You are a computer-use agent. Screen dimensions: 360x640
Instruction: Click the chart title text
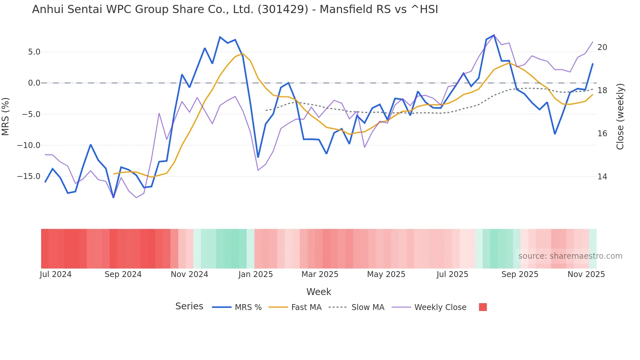tap(235, 9)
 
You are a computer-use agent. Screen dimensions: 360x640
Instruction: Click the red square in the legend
tap(483, 307)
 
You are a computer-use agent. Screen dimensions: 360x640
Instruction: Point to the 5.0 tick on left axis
tap(34, 52)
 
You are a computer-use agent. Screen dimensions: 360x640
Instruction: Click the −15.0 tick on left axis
tap(29, 176)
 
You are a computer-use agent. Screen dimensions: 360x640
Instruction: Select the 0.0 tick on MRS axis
tap(34, 83)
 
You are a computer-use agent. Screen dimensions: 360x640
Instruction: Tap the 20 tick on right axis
tap(602, 47)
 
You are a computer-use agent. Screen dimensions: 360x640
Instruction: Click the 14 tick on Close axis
tap(602, 177)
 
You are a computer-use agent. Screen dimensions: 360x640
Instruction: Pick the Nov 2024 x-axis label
tap(189, 274)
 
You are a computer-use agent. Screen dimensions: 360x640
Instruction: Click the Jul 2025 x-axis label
tap(452, 274)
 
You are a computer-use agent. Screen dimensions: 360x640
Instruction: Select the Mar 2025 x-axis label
tap(320, 274)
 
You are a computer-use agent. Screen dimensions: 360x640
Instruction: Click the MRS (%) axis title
tap(6, 116)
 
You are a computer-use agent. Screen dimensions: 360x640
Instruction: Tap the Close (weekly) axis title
tap(620, 116)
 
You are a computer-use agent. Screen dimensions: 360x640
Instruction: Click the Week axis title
tap(319, 292)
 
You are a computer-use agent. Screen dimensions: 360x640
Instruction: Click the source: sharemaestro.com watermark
tap(570, 256)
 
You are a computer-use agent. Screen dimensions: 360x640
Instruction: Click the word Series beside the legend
tap(189, 306)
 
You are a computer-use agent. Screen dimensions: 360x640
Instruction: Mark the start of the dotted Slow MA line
tap(266, 110)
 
